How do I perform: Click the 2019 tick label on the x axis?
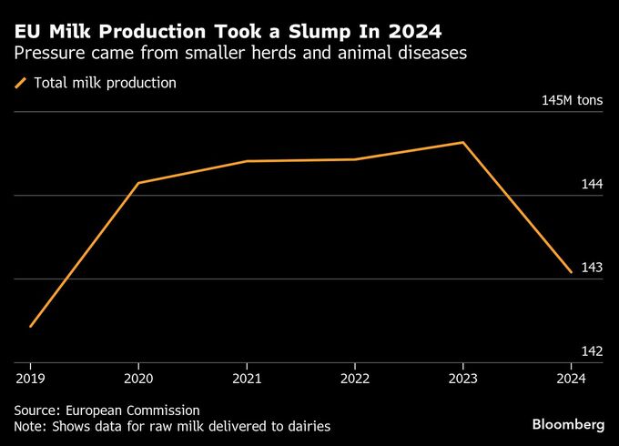[31, 378]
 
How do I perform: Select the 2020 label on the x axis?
[138, 378]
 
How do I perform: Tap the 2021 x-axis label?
[247, 378]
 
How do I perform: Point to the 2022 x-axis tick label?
[355, 378]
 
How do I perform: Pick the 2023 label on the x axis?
[462, 378]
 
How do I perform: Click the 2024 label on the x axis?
[571, 378]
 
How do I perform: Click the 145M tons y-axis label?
[572, 100]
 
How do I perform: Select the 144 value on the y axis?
[592, 184]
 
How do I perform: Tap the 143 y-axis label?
[592, 268]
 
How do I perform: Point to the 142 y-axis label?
[592, 351]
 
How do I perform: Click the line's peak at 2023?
[463, 143]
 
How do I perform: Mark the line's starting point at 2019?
[31, 326]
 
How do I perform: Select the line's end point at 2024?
[571, 272]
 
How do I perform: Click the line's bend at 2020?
[138, 183]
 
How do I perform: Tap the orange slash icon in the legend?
[21, 83]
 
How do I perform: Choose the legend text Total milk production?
[105, 83]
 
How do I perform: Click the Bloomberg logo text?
[568, 425]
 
